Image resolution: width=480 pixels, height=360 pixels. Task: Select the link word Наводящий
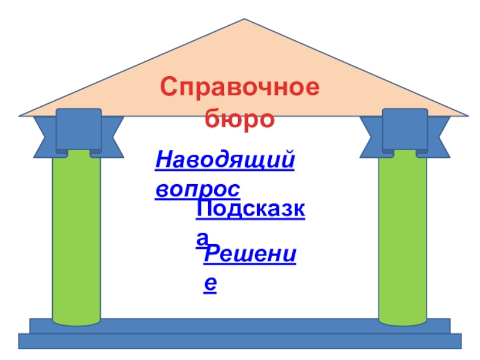pos(225,161)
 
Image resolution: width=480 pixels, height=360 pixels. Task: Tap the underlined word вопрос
pos(197,189)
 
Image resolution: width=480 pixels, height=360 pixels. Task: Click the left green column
pos(76,240)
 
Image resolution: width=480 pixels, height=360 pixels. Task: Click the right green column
pos(403,240)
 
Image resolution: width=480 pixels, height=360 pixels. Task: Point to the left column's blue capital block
pos(78,130)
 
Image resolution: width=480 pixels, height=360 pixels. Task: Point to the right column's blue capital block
pos(405,130)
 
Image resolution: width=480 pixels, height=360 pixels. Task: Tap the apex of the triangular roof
pos(244,20)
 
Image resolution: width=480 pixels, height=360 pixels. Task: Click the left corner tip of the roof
pos(20,114)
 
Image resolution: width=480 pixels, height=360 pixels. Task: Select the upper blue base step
pos(240,326)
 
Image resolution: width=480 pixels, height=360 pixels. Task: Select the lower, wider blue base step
pos(240,341)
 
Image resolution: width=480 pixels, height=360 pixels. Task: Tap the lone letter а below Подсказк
pos(204,239)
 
